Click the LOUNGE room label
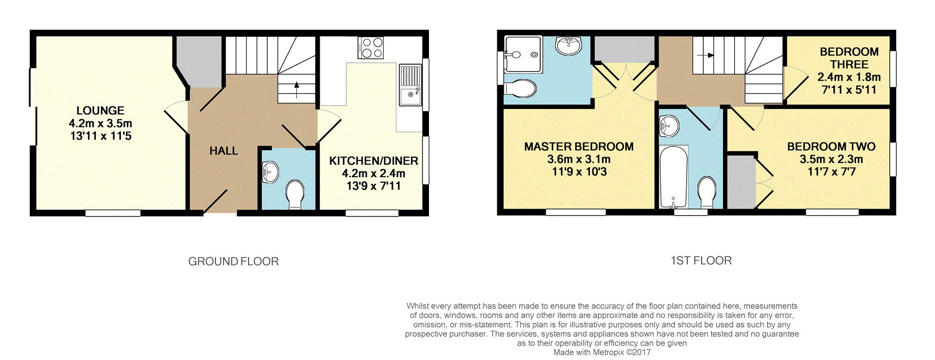point(101,111)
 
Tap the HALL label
point(224,151)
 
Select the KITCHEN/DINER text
point(374,161)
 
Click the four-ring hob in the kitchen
point(371,48)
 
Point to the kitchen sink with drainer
point(410,85)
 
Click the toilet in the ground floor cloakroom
point(295,194)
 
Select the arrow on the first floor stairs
point(706,55)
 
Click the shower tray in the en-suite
point(523,54)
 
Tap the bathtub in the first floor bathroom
point(674,177)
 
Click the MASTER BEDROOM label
point(579,147)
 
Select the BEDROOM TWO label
point(831,147)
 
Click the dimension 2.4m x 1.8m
point(849,77)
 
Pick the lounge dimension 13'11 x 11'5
point(101,136)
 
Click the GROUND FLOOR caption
point(234,262)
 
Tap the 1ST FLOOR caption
point(701,261)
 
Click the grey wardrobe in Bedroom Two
point(741,182)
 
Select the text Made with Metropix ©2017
point(602,352)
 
